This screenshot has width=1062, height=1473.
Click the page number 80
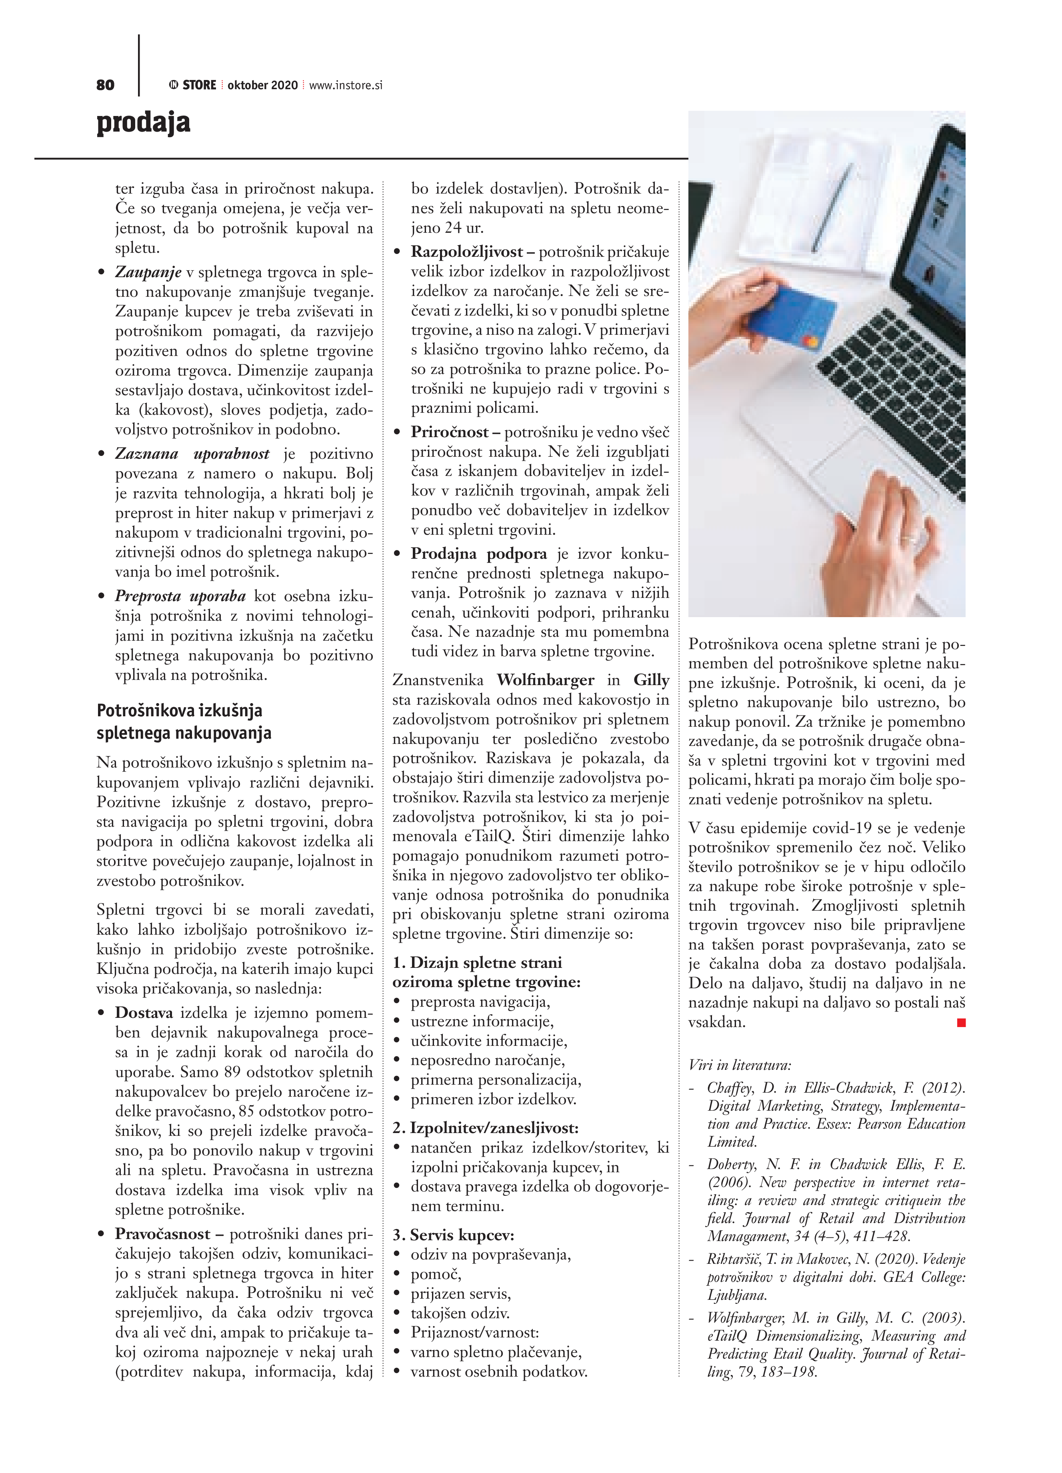tap(105, 85)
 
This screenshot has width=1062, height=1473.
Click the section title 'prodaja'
tap(144, 123)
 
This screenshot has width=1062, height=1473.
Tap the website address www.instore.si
tap(346, 85)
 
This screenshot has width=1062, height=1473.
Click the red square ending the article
tap(961, 1023)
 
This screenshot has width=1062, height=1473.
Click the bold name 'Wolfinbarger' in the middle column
tap(545, 680)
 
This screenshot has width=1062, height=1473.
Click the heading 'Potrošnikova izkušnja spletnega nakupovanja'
tap(184, 722)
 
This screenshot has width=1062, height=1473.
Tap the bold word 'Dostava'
tap(144, 1013)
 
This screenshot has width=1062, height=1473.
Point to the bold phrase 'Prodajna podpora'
tap(479, 554)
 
